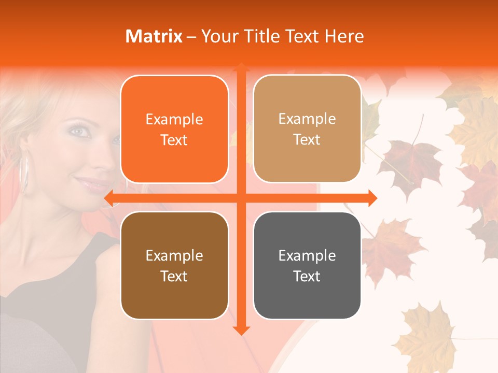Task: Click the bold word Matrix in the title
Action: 154,36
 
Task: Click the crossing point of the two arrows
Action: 241,198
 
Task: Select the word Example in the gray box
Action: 307,255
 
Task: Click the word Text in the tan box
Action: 307,140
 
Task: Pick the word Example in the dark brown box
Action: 174,255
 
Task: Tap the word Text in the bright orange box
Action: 174,140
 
